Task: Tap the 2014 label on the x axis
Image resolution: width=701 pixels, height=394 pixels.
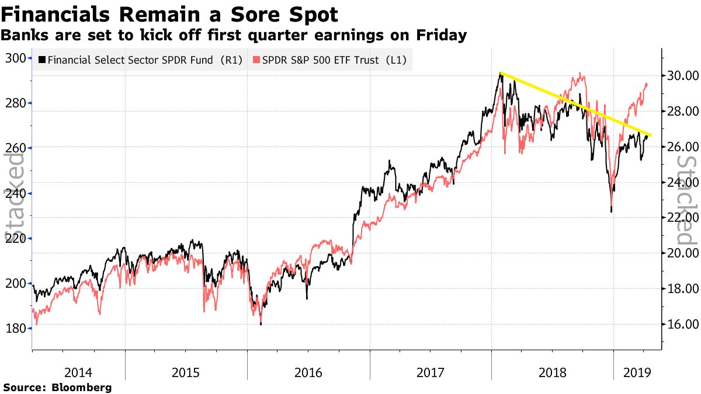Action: coord(78,371)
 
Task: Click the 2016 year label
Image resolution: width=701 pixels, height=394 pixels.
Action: coord(308,371)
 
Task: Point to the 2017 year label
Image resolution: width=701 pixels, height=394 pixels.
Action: coord(430,371)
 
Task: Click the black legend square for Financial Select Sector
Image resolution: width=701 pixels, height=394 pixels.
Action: coord(41,60)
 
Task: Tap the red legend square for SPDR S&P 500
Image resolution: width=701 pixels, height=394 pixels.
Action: coord(256,60)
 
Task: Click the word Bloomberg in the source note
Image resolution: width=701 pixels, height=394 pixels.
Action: coord(82,387)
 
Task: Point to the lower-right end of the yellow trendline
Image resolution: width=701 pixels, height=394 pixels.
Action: coord(651,135)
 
